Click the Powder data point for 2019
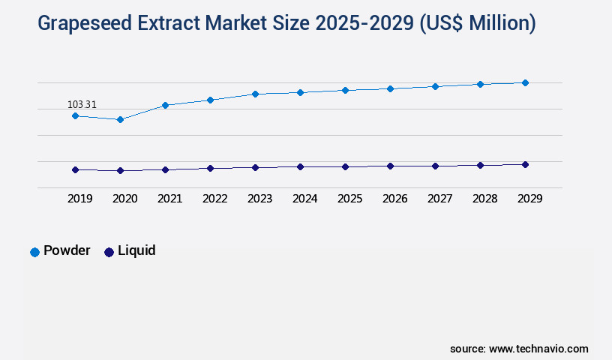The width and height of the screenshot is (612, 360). (x=75, y=115)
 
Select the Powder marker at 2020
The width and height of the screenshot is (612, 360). (x=120, y=119)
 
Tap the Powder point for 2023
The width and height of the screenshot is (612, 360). (x=255, y=94)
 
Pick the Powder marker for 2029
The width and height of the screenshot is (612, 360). (x=525, y=82)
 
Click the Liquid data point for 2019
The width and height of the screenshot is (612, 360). (x=75, y=169)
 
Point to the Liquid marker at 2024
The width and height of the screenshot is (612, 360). (x=300, y=166)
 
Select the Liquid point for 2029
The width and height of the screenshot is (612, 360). (x=525, y=164)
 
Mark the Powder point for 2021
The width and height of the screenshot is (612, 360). (x=165, y=105)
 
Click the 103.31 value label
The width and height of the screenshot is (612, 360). (x=82, y=104)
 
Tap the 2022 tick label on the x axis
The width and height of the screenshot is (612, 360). (x=214, y=199)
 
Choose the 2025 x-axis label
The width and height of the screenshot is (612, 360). (x=349, y=199)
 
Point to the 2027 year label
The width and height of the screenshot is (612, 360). (x=439, y=199)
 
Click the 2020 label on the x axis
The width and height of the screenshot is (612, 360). (x=124, y=199)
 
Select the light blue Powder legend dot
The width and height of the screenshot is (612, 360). (x=34, y=252)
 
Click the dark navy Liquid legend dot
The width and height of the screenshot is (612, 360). (x=109, y=252)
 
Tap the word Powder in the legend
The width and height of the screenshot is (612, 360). (x=67, y=250)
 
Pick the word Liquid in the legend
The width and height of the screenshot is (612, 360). (x=136, y=250)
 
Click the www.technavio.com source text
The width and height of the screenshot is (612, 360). (x=538, y=349)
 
